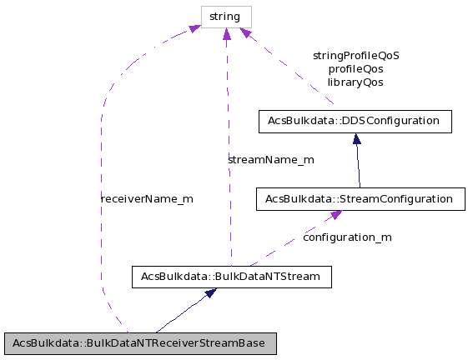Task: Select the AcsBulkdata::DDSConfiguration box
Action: pos(355,121)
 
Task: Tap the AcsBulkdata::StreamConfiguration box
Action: pos(359,199)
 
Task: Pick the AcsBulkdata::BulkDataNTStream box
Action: pos(232,277)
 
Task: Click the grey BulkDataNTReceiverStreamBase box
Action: pos(139,343)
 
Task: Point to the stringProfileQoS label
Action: pos(355,56)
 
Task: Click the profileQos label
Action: pos(355,69)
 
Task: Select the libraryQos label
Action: pos(355,82)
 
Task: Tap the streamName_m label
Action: pos(271,159)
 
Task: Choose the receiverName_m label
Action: pos(147,199)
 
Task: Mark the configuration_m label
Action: pos(347,237)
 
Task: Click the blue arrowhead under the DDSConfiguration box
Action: pos(356,139)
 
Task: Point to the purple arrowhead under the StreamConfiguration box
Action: pos(335,215)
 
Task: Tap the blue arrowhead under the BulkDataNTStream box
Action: pos(212,293)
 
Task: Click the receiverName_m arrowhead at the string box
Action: pos(194,29)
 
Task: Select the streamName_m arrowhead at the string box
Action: pos(226,33)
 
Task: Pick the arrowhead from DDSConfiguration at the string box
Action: pos(246,33)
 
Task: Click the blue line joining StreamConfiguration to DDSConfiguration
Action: pos(358,162)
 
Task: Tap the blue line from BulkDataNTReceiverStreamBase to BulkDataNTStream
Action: pos(184,312)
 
